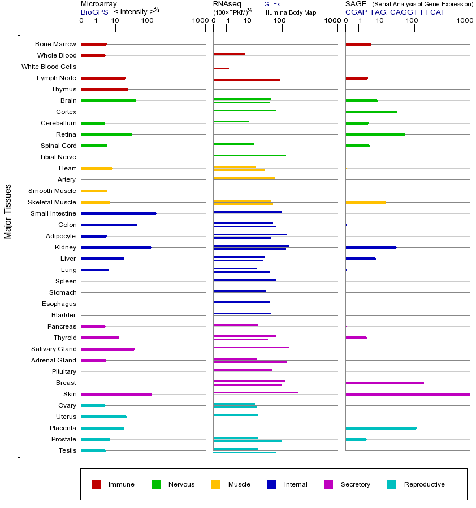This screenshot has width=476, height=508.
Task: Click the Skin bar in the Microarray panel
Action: [116, 394]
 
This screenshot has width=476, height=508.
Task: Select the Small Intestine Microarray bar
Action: [119, 213]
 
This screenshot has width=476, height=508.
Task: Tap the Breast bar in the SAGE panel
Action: [384, 383]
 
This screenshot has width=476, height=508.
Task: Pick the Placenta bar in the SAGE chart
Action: [380, 428]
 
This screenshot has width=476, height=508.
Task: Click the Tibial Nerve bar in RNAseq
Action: [249, 155]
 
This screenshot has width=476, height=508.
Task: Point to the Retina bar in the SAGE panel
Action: [375, 134]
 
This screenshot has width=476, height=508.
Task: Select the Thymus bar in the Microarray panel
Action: [105, 89]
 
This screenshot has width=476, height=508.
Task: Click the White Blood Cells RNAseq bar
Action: [221, 68]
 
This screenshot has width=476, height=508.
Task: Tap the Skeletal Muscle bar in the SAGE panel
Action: [365, 202]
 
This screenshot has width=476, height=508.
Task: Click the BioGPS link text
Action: [93, 12]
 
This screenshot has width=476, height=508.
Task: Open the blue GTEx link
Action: [272, 4]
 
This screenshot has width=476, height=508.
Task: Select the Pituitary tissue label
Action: [63, 371]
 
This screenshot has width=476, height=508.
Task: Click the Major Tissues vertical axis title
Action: [8, 211]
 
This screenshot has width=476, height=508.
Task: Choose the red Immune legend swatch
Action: [96, 484]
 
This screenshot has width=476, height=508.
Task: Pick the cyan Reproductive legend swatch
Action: [392, 484]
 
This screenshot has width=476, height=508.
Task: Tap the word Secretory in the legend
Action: [355, 484]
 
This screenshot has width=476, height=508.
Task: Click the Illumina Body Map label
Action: [290, 12]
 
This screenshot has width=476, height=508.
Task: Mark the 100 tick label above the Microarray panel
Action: [147, 21]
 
